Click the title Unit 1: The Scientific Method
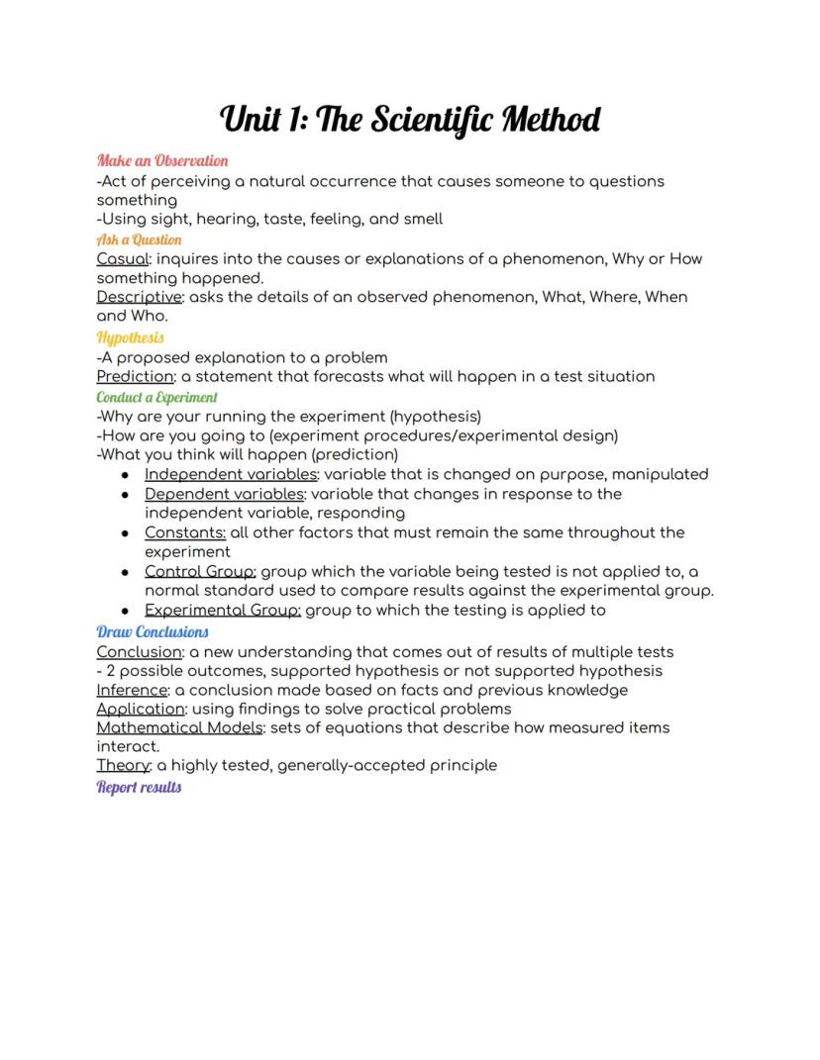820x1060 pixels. click(x=410, y=121)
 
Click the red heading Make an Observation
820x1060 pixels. click(x=162, y=161)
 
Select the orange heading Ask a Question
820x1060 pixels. click(x=139, y=240)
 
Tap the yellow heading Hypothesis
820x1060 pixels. click(x=131, y=337)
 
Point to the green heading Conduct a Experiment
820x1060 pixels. click(x=156, y=397)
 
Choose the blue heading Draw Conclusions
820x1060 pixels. click(x=153, y=631)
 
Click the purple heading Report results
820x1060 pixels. click(x=139, y=787)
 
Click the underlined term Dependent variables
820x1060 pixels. click(x=224, y=494)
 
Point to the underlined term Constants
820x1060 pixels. click(x=184, y=532)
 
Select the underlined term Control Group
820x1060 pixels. click(x=200, y=571)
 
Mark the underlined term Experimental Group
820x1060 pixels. click(x=222, y=610)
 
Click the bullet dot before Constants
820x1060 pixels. click(x=125, y=533)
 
